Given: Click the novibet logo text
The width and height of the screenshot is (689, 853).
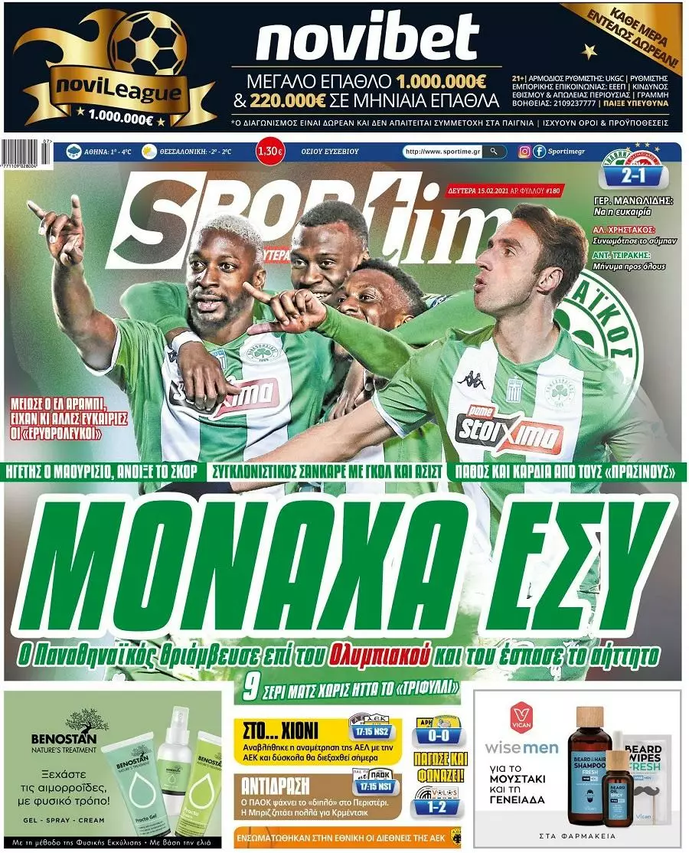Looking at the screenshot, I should pos(367,39).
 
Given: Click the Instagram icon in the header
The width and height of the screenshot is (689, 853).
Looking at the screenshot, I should pos(524,152).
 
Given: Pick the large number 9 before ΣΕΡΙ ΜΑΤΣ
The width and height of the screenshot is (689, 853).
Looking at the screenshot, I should pos(248,687).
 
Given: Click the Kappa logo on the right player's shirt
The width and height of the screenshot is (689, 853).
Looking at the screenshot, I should pos(471,378).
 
